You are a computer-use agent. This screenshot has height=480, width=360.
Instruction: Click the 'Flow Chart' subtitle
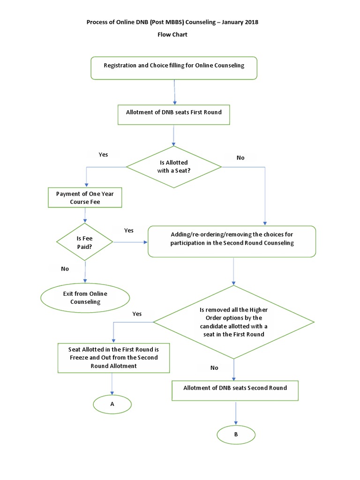click(x=172, y=35)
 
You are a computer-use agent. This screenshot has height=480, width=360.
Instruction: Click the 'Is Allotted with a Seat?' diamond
click(x=174, y=166)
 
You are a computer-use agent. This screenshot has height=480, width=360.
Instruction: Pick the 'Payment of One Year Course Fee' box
click(x=85, y=198)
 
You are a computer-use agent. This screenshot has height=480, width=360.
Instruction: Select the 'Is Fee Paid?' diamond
click(x=85, y=242)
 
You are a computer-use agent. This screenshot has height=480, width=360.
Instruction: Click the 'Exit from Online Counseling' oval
click(x=85, y=298)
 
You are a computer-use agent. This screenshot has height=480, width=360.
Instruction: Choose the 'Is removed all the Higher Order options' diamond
click(x=233, y=322)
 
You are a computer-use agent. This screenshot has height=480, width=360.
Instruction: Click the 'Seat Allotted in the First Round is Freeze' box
click(x=113, y=358)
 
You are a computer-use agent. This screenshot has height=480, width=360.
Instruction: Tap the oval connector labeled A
click(x=112, y=404)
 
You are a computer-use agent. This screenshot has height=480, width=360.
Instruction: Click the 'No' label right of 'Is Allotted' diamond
click(x=240, y=158)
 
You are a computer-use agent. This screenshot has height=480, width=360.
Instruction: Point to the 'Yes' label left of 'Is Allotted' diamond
click(x=103, y=154)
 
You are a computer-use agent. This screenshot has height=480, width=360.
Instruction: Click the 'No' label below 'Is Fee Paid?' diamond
click(x=65, y=269)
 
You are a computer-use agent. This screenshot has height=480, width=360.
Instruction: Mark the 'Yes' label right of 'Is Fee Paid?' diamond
click(x=128, y=230)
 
